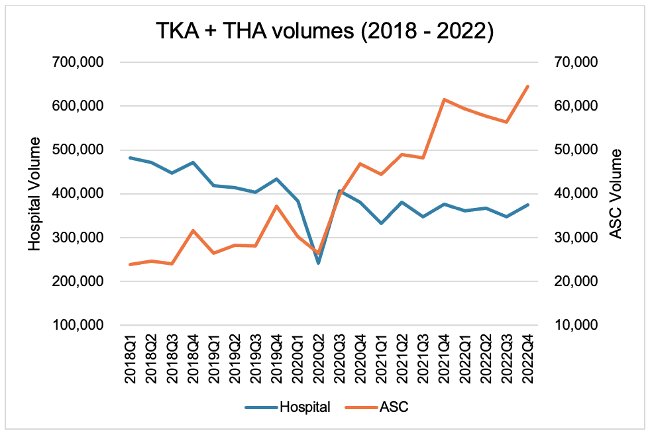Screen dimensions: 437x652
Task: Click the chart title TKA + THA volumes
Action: [325, 31]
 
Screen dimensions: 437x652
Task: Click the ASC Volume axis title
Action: [616, 193]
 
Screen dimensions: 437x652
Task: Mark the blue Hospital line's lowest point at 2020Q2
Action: [319, 263]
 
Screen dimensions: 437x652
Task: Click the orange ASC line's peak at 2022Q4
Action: [528, 86]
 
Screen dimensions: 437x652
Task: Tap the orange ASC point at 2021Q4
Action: [445, 99]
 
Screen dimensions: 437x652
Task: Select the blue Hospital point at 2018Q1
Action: [131, 158]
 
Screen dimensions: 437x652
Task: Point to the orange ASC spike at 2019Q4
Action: [277, 206]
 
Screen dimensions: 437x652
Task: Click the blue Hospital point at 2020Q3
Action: [339, 191]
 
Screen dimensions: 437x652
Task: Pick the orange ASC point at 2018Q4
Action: [193, 230]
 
